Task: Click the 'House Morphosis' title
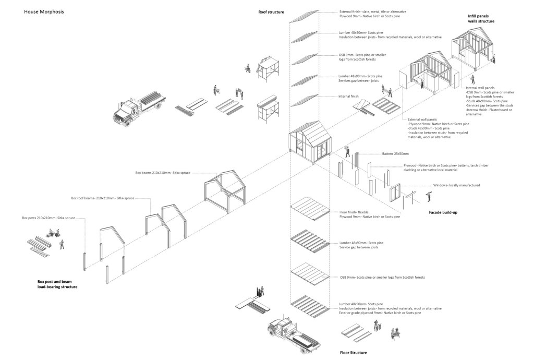[x=44, y=11]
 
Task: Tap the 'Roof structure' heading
[x=271, y=11]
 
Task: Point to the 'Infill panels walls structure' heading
[x=481, y=19]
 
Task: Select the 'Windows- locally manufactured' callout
[x=456, y=186]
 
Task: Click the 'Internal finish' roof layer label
[x=349, y=96]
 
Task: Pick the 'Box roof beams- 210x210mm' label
[x=100, y=198]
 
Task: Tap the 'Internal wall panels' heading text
[x=480, y=88]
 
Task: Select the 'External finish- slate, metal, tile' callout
[x=373, y=11]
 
